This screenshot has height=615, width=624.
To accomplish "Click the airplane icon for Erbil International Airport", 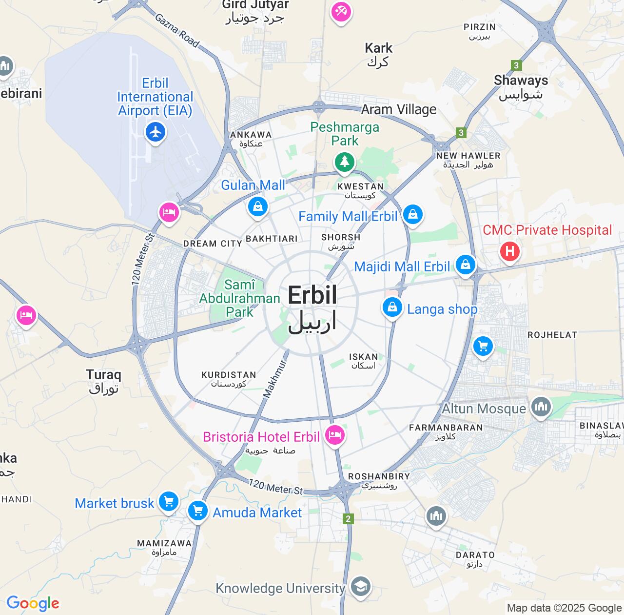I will [156, 132].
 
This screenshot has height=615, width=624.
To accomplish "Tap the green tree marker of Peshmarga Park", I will [345, 162].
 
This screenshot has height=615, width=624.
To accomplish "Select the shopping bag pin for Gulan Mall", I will [257, 206].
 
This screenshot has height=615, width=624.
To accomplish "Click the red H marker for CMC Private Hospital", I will [509, 251].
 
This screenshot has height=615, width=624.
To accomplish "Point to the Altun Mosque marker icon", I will [540, 407].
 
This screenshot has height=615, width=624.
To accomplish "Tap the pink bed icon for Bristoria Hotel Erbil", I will [334, 434].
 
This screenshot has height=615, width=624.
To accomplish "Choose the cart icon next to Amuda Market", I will [198, 511].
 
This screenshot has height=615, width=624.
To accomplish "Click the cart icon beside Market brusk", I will [168, 501].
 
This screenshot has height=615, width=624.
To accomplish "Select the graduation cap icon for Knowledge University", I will [360, 587].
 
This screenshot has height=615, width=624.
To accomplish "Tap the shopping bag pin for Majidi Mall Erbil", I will [465, 265].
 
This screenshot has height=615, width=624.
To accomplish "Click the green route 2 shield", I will [348, 519].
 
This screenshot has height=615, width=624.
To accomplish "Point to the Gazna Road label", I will [177, 30].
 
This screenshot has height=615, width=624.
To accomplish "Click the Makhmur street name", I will [275, 378].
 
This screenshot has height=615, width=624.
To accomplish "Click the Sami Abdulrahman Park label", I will [239, 298].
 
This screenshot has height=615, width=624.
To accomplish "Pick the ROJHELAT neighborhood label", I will [552, 335].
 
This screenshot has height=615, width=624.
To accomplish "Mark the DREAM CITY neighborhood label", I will [213, 244].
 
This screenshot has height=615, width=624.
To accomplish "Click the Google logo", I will [33, 603].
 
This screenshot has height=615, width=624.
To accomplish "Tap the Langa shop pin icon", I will [392, 307].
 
